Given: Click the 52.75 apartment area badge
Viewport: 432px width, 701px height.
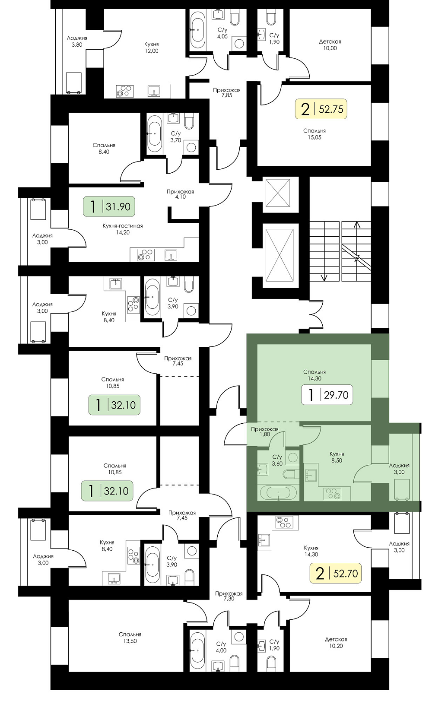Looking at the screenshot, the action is point(321,109).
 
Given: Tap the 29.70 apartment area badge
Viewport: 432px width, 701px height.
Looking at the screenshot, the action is point(327,395).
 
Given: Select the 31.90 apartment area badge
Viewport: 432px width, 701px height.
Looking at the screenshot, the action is point(109,206).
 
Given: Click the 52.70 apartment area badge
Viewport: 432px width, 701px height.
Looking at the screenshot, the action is point(336,573).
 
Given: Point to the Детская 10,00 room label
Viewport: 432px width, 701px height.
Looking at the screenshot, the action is point(330,45).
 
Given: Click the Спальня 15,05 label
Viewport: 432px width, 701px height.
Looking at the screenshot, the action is point(314,134).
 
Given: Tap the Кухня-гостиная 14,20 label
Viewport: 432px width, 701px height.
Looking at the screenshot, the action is point(122,229).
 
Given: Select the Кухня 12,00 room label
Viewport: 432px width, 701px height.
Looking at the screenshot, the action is point(151,48).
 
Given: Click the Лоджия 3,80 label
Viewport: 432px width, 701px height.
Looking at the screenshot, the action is point(77,41).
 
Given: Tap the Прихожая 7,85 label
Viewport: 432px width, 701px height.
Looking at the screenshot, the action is point(227,92).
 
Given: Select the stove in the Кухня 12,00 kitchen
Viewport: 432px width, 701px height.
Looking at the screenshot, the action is point(124,91).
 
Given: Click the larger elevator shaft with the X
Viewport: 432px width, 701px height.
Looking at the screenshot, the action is point(280,256).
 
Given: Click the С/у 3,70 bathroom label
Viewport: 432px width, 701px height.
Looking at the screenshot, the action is point(176,137).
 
